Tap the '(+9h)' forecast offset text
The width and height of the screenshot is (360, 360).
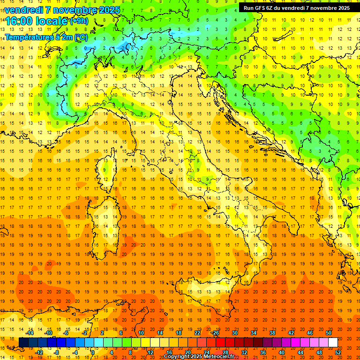click(78, 21)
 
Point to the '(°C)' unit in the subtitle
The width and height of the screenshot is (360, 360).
click(81, 37)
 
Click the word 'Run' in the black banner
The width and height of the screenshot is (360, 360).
click(248, 8)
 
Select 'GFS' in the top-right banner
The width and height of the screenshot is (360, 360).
click(261, 8)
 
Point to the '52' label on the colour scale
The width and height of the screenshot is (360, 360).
click(338, 352)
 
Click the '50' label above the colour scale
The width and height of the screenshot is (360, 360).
click(329, 333)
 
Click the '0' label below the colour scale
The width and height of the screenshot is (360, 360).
click(92, 352)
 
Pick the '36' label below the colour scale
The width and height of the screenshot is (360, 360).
click(263, 352)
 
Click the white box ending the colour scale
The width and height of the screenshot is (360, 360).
click(333, 343)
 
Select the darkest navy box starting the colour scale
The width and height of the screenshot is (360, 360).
click(23, 343)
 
